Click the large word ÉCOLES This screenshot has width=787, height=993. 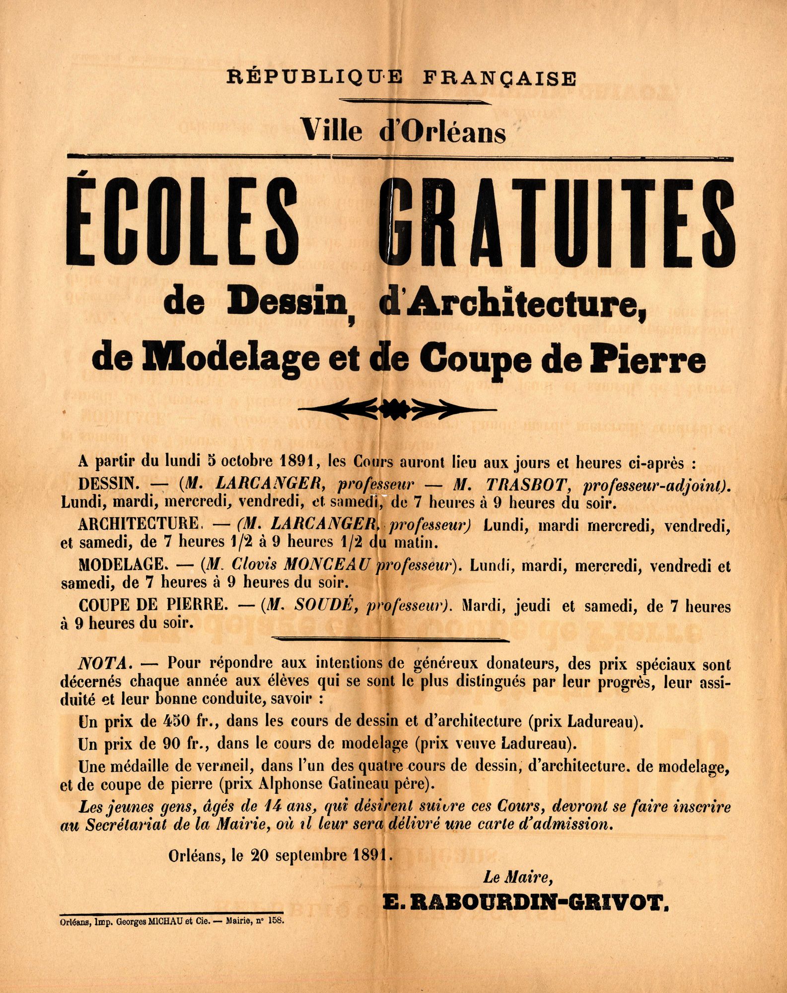pos(183,224)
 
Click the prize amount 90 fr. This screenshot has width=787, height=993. pos(183,744)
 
